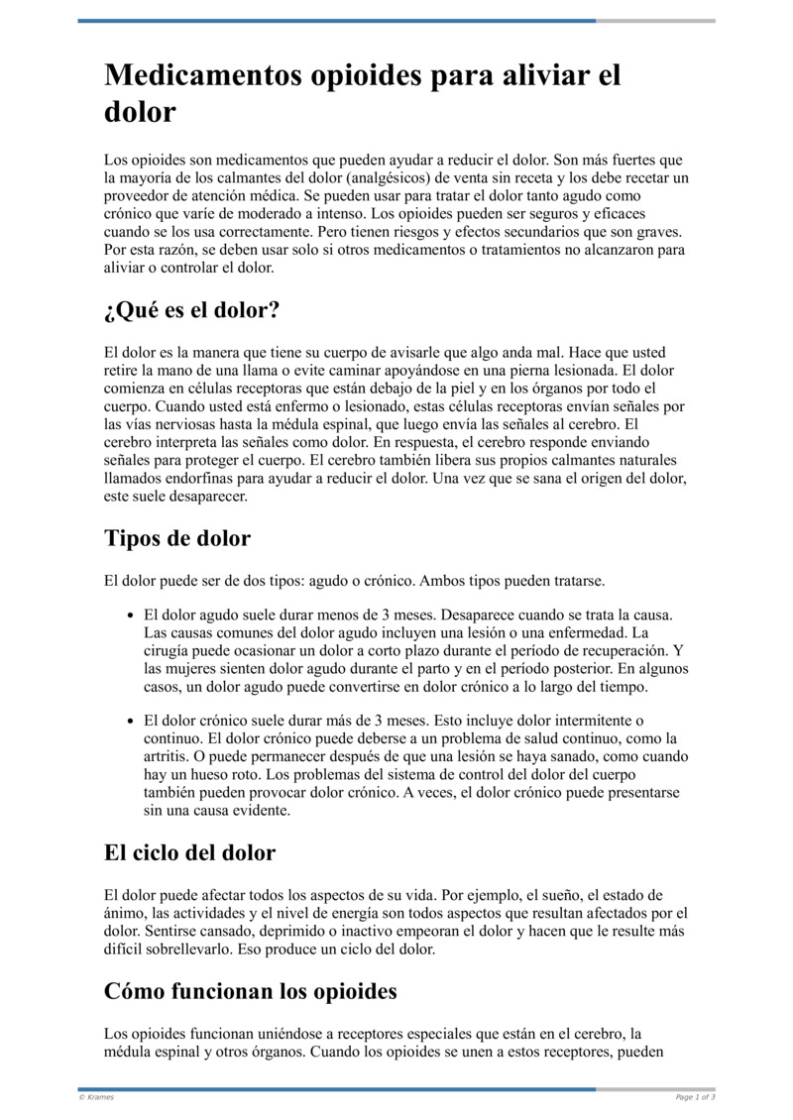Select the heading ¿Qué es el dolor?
(x=191, y=310)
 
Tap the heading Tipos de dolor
(x=176, y=538)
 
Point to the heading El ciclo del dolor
(x=189, y=852)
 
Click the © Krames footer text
(x=96, y=1097)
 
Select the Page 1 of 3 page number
(x=695, y=1097)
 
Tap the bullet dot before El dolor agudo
(x=130, y=615)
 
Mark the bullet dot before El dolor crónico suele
(x=130, y=721)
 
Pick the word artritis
(x=166, y=756)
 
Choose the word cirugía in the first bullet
(x=169, y=650)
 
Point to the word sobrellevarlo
(x=194, y=949)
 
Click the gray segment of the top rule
(x=655, y=21)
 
